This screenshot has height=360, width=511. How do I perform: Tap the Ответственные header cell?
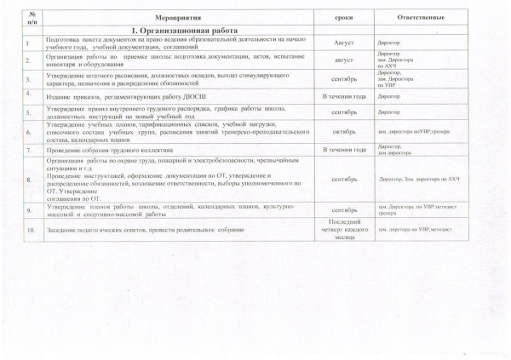pos(426,17)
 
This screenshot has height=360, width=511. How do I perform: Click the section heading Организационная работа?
pos(175,30)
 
